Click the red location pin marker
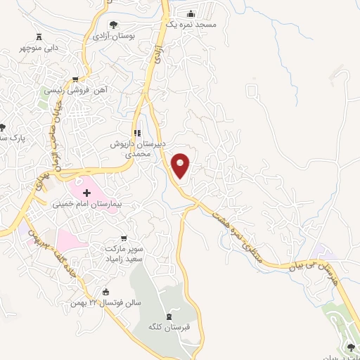click(181, 165)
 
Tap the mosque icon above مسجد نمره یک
click(191, 13)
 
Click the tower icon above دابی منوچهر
click(39, 37)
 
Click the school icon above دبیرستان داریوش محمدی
click(138, 132)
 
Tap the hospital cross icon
click(87, 193)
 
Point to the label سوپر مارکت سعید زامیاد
click(126, 255)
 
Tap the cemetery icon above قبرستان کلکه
click(167, 316)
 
